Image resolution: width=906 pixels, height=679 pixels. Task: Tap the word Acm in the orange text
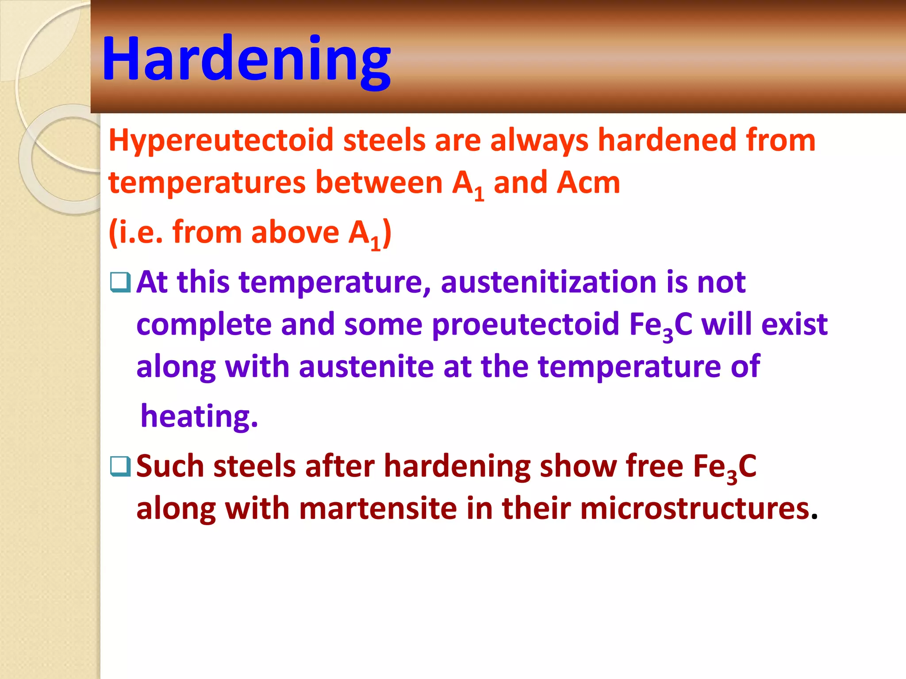click(588, 183)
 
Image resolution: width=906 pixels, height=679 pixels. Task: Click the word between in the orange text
click(379, 183)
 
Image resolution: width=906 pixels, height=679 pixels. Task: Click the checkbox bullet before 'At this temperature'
click(120, 283)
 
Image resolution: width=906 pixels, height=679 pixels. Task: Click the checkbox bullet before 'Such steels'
click(120, 466)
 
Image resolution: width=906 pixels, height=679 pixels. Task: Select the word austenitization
click(549, 282)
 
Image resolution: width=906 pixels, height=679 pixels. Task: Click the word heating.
click(199, 416)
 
